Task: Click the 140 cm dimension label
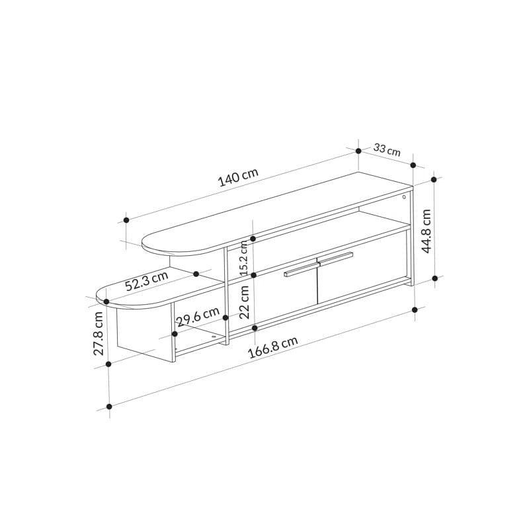239,177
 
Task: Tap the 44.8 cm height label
427,231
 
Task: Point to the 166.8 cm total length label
273,348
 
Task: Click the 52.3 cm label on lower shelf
146,280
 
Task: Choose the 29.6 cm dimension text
198,317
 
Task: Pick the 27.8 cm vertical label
98,333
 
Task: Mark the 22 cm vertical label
244,302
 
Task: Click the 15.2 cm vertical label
244,258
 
